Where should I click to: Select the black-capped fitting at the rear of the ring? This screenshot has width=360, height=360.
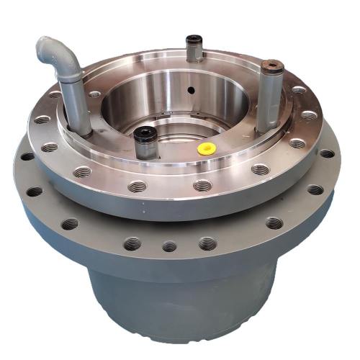(193, 42)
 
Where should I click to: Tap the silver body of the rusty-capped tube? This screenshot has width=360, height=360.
(269, 101)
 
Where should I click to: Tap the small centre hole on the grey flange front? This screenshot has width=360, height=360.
(169, 246)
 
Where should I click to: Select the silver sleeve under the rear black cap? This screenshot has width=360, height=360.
(193, 54)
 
